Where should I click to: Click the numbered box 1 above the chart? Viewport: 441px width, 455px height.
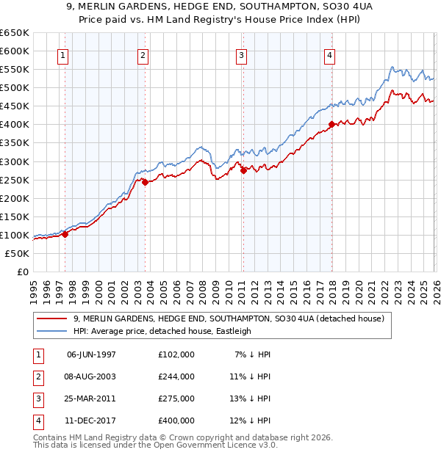click(x=63, y=55)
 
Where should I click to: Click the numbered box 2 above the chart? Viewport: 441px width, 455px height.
click(x=143, y=55)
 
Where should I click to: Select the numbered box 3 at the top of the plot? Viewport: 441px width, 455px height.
click(x=242, y=55)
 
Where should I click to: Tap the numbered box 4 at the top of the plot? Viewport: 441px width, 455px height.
click(x=330, y=55)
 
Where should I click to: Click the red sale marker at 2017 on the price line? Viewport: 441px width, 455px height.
click(x=331, y=125)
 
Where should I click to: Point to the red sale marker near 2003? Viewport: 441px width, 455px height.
click(x=145, y=182)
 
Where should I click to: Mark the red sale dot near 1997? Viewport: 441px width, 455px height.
click(x=65, y=234)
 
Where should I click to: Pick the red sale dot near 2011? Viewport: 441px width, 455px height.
click(x=243, y=170)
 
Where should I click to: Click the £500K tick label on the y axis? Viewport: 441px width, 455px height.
click(x=15, y=87)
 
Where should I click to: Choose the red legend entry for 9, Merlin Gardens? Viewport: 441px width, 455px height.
click(x=229, y=318)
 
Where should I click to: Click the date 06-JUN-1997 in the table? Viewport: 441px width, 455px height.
click(x=91, y=354)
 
